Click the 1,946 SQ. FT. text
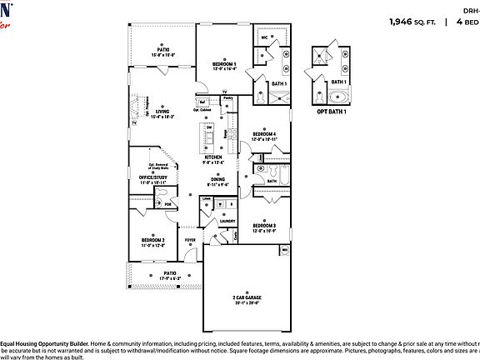point(413,23)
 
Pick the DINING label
point(217,178)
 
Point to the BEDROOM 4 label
point(265,134)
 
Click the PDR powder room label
point(167,203)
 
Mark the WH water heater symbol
point(284,249)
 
